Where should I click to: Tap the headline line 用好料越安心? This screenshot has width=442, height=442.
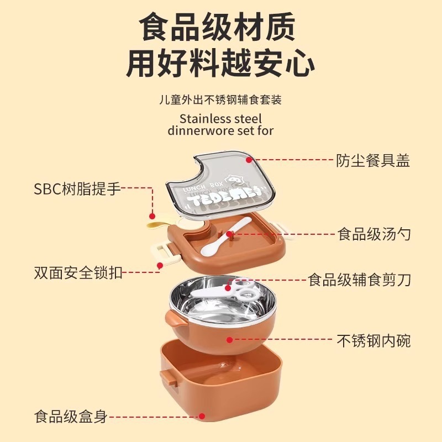point(220,64)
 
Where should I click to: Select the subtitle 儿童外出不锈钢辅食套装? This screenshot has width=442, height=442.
point(220,100)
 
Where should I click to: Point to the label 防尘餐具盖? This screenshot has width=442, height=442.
point(373,161)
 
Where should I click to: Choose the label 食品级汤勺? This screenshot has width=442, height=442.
point(373,234)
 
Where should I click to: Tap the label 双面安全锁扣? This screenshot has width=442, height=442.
point(77,272)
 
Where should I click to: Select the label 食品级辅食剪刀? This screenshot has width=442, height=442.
point(359,280)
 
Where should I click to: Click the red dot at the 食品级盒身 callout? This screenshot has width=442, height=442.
point(202,416)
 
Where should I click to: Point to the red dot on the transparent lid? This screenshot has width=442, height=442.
point(249,160)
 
